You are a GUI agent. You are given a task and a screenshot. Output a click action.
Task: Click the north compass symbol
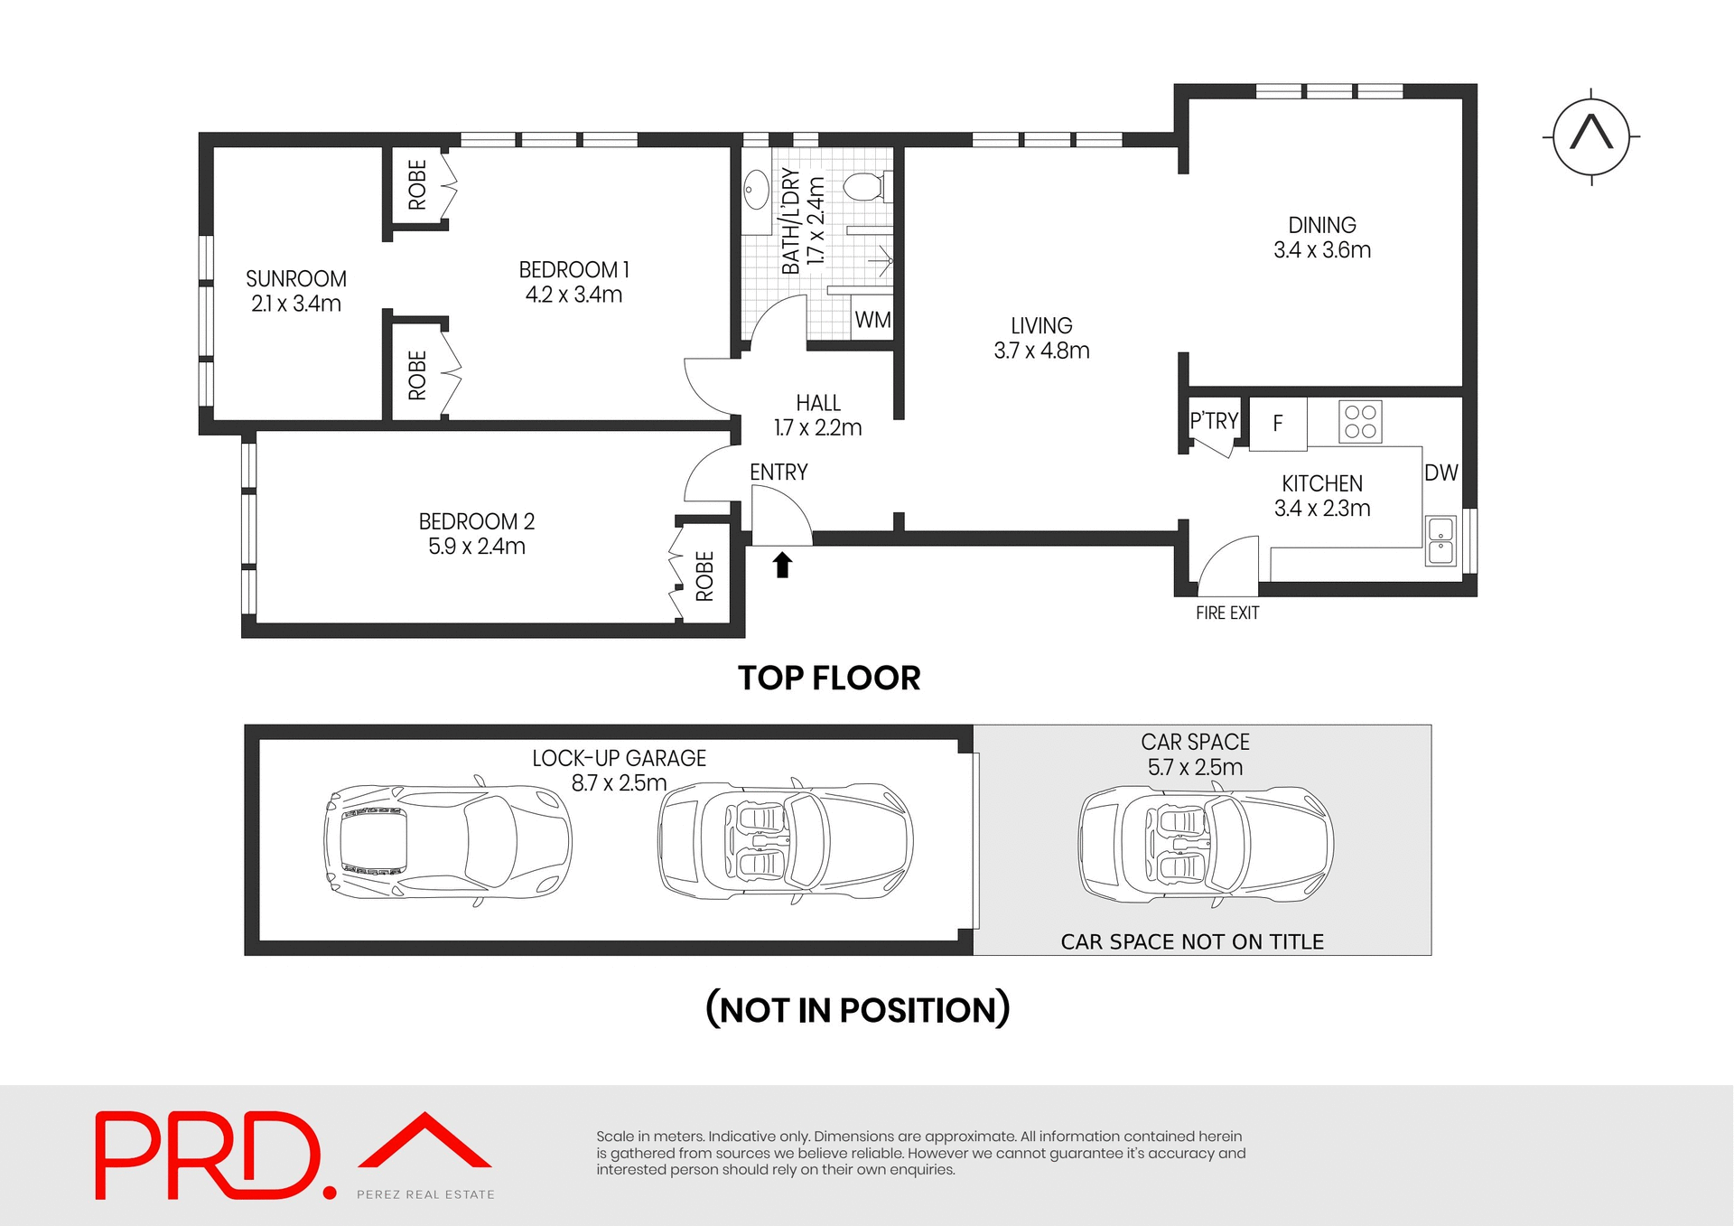pyautogui.click(x=1591, y=137)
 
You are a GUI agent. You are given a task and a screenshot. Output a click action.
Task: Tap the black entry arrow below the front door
pyautogui.click(x=782, y=566)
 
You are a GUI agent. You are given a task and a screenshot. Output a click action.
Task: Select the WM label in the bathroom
pyautogui.click(x=872, y=320)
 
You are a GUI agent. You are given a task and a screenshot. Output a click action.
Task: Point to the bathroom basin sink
pyautogui.click(x=756, y=191)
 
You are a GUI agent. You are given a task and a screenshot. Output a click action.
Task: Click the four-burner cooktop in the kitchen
pyautogui.click(x=1359, y=421)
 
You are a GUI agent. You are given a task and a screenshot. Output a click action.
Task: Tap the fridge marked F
pyautogui.click(x=1278, y=423)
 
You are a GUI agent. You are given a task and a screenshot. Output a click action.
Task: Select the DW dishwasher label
pyautogui.click(x=1440, y=473)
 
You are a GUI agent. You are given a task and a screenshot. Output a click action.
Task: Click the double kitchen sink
pyautogui.click(x=1440, y=540)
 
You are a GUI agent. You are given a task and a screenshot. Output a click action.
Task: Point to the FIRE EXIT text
pyautogui.click(x=1226, y=613)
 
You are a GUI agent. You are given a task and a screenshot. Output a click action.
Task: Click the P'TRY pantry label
pyautogui.click(x=1214, y=421)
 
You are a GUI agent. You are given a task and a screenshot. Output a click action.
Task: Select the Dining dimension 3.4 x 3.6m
pyautogui.click(x=1322, y=250)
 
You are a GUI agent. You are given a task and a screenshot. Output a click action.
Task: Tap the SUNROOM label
pyautogui.click(x=296, y=278)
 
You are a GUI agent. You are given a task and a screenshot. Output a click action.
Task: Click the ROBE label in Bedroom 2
pyautogui.click(x=704, y=576)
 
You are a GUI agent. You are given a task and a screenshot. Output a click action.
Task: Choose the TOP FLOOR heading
pyautogui.click(x=829, y=678)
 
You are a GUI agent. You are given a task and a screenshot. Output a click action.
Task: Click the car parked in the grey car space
pyautogui.click(x=1206, y=843)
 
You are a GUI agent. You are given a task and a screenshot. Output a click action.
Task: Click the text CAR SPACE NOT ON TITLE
pyautogui.click(x=1192, y=941)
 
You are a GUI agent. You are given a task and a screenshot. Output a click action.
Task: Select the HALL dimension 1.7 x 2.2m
pyautogui.click(x=817, y=427)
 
